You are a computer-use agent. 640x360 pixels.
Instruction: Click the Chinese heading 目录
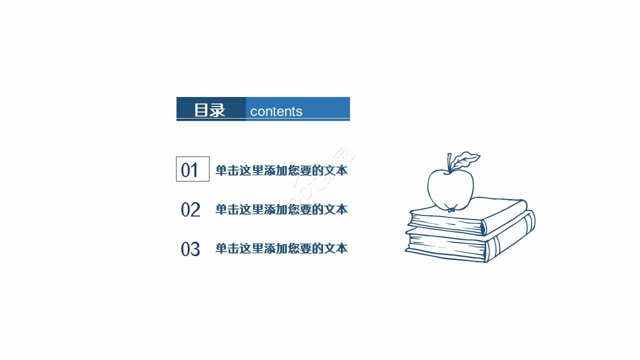coord(209,110)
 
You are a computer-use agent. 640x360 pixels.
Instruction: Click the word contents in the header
coord(276,111)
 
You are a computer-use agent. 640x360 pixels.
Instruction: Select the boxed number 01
coord(192,169)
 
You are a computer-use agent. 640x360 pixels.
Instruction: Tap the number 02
coord(190,209)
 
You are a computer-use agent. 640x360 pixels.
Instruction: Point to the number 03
coord(190,248)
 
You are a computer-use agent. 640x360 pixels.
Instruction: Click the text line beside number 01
coord(281,170)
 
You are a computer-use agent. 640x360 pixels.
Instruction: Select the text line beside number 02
coord(281,209)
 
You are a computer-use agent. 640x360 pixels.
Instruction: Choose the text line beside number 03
coord(281,248)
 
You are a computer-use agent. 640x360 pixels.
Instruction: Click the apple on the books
coord(450,189)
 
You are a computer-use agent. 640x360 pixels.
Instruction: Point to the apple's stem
coord(449,163)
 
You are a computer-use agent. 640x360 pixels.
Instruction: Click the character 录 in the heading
coord(217,110)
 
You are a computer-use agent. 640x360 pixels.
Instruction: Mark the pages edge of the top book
coord(445,223)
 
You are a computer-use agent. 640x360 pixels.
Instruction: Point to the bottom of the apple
coord(451,208)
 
